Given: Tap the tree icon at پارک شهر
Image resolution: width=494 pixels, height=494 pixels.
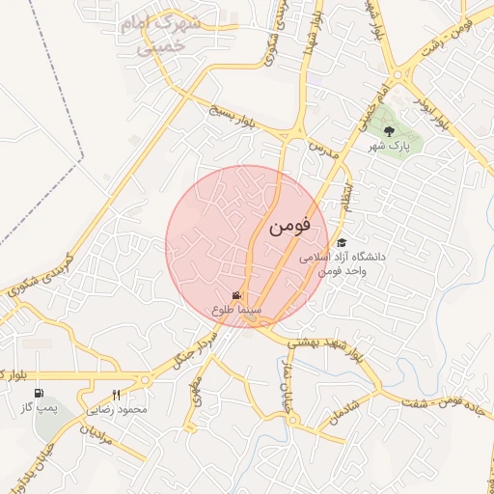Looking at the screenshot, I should [389, 131].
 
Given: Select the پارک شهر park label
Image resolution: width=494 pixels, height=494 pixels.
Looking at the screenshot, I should [389, 147].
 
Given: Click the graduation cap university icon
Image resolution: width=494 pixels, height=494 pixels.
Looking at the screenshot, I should [341, 243].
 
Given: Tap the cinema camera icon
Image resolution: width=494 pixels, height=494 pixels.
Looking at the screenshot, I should [237, 296].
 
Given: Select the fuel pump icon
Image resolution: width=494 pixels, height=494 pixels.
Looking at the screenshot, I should [40, 394].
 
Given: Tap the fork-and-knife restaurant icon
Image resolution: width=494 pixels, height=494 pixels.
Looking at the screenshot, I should [117, 395].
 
